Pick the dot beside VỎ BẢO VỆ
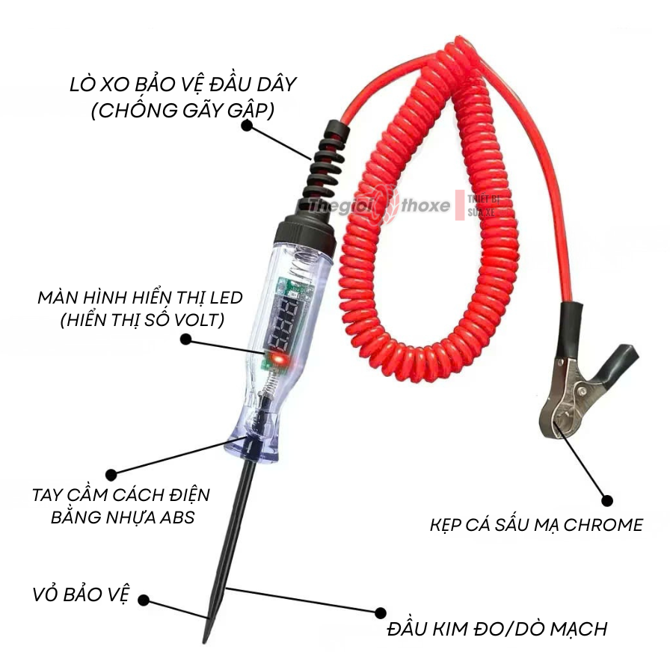(144, 600)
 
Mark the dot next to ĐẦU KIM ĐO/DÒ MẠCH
(381, 612)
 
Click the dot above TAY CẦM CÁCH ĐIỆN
(111, 474)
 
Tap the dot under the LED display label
(185, 339)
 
